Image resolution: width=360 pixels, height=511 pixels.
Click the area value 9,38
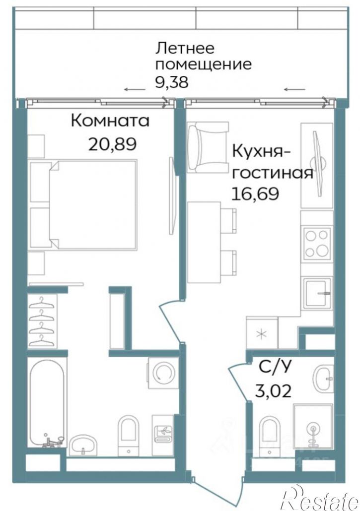tap(172, 81)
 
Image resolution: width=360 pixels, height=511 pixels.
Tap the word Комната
tap(110, 121)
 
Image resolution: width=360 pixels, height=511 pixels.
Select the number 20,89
tap(112, 144)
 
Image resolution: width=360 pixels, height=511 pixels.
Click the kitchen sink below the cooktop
tap(317, 294)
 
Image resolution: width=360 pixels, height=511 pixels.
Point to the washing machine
tap(162, 372)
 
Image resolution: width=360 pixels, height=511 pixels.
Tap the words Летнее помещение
tap(203, 56)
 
